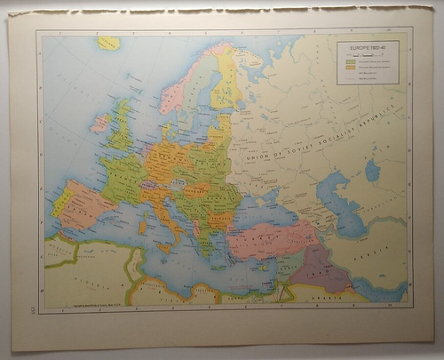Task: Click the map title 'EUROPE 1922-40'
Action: coord(367,48)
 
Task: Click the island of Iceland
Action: coord(109,43)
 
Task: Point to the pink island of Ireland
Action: coord(99,123)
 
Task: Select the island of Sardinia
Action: coord(143,228)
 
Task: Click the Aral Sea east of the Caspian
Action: coord(373,169)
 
